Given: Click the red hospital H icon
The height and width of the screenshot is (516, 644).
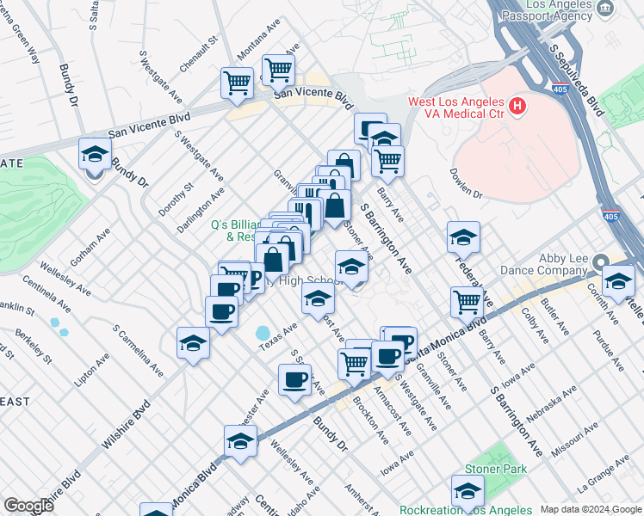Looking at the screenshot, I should (517, 107).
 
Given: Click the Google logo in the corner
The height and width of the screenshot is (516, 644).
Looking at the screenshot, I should (28, 506).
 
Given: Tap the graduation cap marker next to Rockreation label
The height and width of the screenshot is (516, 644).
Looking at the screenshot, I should (468, 491).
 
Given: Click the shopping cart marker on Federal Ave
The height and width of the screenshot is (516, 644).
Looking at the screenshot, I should (467, 301).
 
